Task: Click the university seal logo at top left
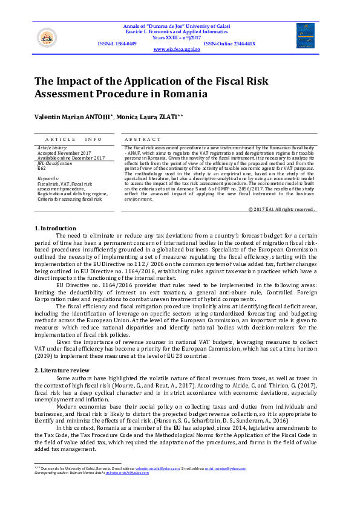tap(45, 38)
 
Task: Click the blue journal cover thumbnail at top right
tap(304, 36)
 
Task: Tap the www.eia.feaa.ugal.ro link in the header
tap(177, 49)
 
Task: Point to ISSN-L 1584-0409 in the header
tap(117, 44)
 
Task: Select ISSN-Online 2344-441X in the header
tap(230, 44)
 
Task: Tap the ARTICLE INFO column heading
tap(74, 139)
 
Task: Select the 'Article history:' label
tap(53, 148)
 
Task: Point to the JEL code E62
tap(42, 169)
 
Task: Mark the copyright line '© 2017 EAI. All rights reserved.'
tap(282, 209)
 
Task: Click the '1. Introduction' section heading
tap(54, 228)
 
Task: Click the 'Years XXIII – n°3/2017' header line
tap(180, 37)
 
